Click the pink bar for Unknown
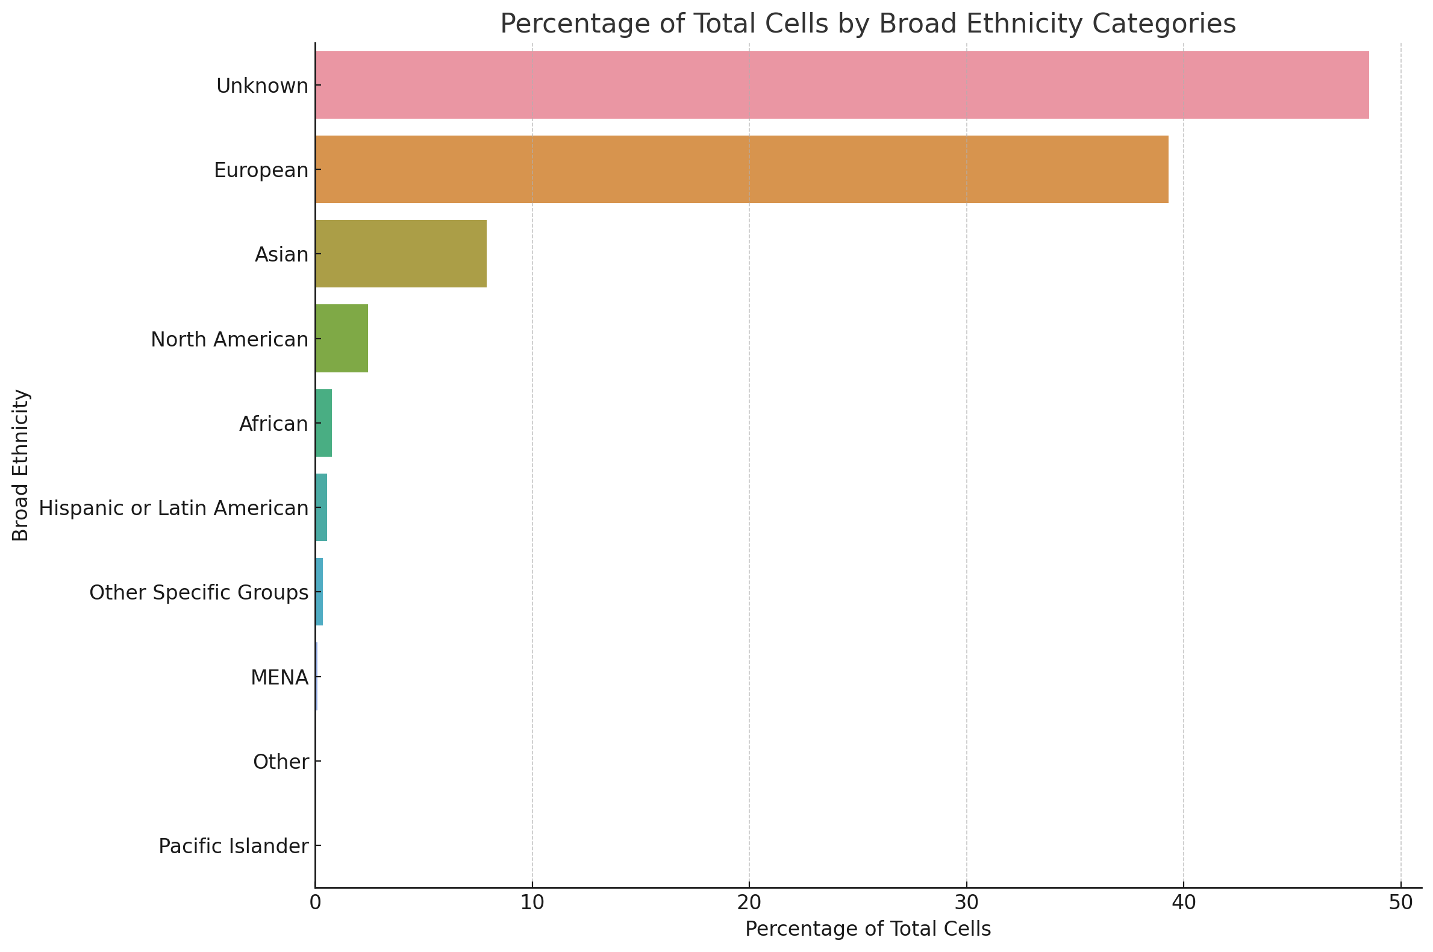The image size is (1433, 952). click(x=841, y=85)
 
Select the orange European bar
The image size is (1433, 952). click(x=741, y=169)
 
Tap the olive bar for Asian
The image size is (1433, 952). click(x=401, y=254)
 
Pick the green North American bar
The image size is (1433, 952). click(x=341, y=338)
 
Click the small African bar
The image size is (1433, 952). click(x=323, y=423)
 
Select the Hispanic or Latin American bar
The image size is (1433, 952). click(x=321, y=507)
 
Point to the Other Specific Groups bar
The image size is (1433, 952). click(x=319, y=592)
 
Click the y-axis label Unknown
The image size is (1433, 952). click(x=262, y=86)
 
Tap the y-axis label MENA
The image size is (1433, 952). click(x=279, y=678)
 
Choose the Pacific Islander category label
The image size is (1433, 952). click(x=234, y=847)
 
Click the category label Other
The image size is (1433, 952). click(x=281, y=762)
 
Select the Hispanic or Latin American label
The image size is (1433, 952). click(x=173, y=508)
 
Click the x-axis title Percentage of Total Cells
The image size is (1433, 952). click(x=868, y=929)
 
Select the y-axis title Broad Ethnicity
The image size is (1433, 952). click(x=20, y=465)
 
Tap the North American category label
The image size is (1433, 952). click(x=229, y=340)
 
